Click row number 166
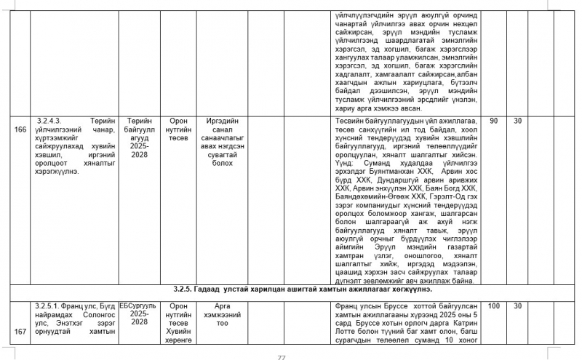(20, 129)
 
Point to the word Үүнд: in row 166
(343, 164)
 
